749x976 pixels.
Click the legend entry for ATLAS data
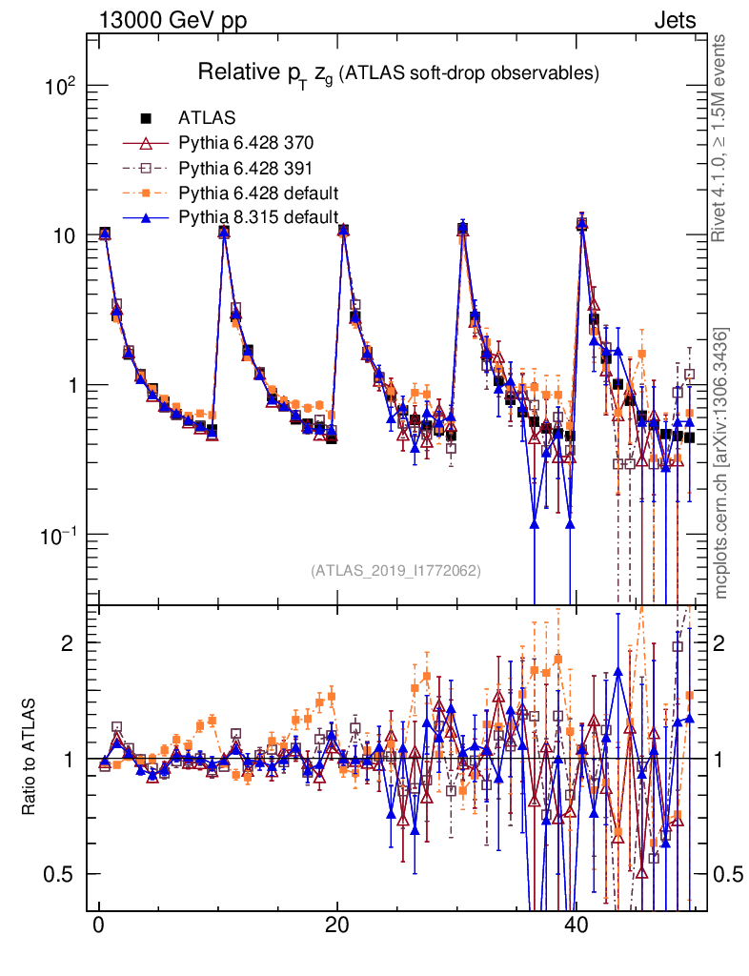pyautogui.click(x=200, y=119)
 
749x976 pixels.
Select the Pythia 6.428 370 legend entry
pyautogui.click(x=246, y=144)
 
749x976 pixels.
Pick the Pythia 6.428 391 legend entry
pyautogui.click(x=246, y=169)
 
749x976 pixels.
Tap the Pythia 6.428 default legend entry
pyautogui.click(x=258, y=193)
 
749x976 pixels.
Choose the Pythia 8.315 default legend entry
pyautogui.click(x=258, y=217)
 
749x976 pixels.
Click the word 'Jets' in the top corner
pyautogui.click(x=674, y=20)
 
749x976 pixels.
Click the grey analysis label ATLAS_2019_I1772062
pyautogui.click(x=395, y=571)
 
